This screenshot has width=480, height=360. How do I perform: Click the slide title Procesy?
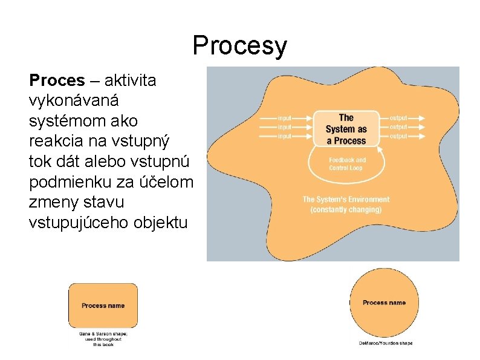coord(240,47)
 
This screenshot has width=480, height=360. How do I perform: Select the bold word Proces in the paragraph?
coord(57,80)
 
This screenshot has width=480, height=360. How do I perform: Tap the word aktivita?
coord(131,80)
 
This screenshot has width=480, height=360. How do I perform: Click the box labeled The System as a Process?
coord(346,129)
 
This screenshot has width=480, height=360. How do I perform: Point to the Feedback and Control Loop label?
coord(347,164)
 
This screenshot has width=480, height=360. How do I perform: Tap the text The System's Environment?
coord(346,199)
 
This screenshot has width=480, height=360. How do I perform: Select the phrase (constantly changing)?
coord(346,209)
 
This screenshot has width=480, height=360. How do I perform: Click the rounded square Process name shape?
coord(103,306)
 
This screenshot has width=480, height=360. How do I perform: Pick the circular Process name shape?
coord(384,303)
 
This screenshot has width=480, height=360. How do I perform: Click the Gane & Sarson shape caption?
coord(103,338)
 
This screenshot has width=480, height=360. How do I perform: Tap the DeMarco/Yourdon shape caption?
coord(385,343)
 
